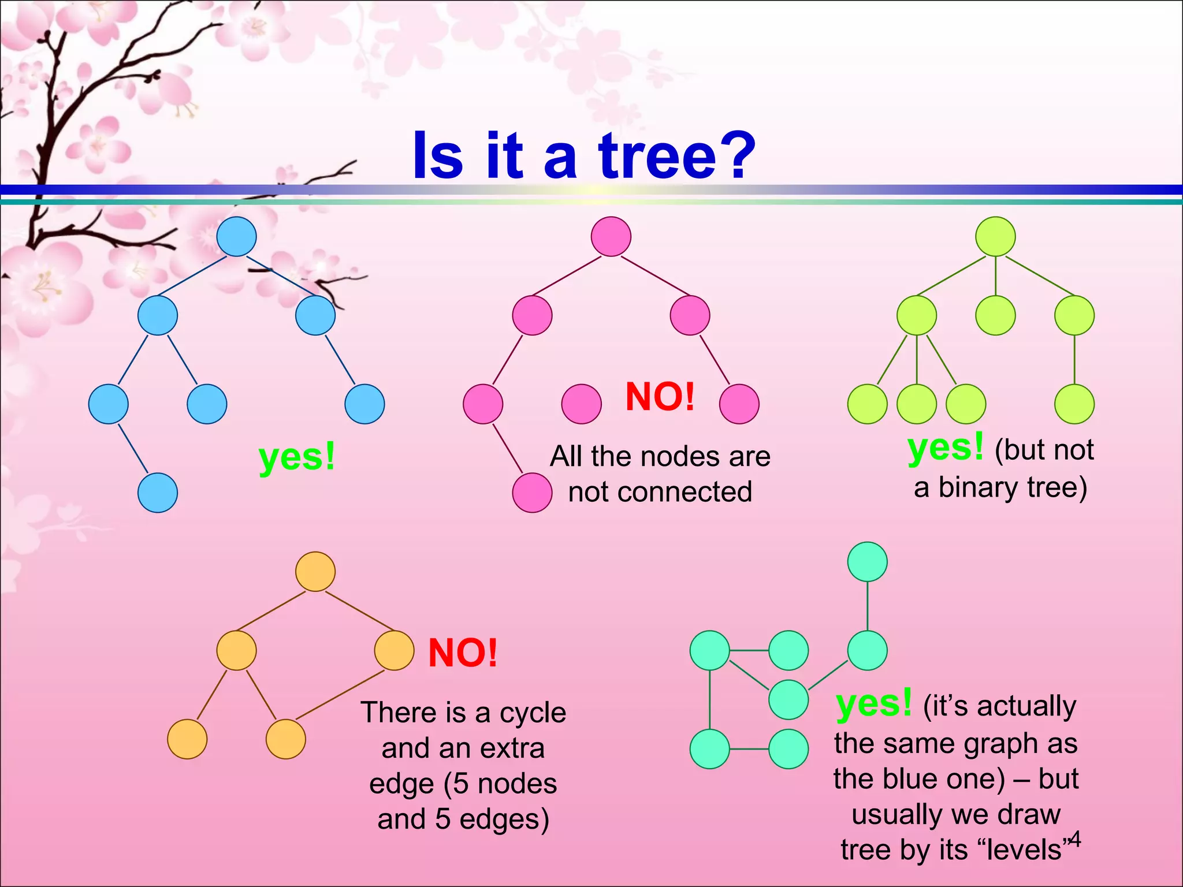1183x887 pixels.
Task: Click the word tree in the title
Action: tap(657, 156)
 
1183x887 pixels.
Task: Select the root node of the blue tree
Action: tap(236, 236)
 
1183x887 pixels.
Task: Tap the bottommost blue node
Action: tap(157, 493)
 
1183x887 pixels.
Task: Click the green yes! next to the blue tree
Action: tap(297, 457)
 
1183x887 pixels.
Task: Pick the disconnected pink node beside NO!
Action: tap(581, 404)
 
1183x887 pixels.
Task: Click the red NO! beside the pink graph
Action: tap(660, 397)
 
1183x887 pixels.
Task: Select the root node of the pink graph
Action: tap(611, 236)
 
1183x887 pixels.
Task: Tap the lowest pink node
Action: tap(532, 493)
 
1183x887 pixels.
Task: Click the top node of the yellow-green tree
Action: tap(995, 236)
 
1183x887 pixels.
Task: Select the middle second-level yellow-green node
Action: tap(995, 315)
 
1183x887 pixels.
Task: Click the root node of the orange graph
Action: tap(315, 571)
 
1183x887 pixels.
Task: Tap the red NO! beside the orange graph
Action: tap(463, 653)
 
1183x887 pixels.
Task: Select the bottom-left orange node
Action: tap(187, 739)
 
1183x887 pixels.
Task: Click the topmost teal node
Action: tap(867, 561)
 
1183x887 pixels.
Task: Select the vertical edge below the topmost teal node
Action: tap(867, 606)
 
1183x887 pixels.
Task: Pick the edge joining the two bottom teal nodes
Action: tap(749, 749)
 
